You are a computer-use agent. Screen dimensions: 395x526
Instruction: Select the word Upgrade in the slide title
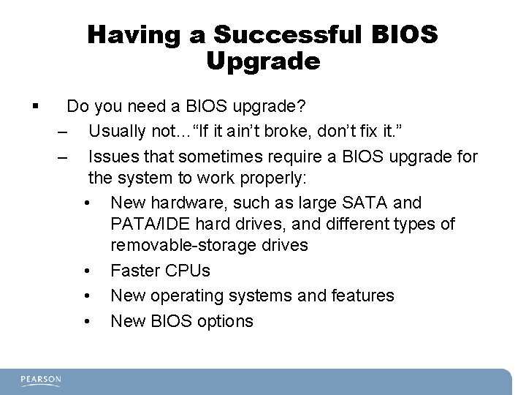tap(263, 61)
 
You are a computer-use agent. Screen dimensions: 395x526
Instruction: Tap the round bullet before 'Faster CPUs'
tap(87, 271)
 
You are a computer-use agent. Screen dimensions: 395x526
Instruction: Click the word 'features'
tap(362, 296)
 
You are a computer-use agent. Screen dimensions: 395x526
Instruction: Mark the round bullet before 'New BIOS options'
tap(87, 321)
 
